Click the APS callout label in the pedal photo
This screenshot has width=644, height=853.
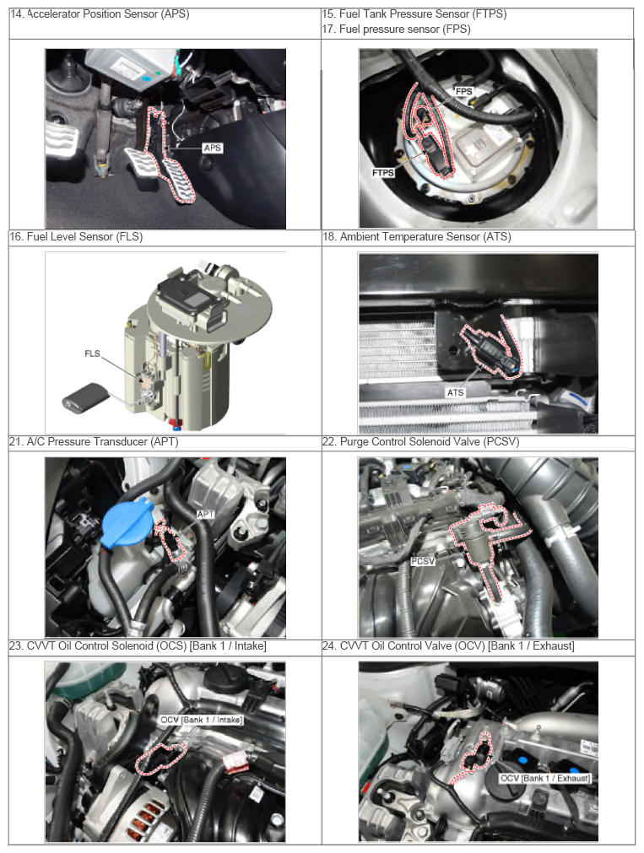213,148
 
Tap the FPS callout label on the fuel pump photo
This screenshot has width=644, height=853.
464,91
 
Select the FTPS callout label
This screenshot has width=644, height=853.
383,172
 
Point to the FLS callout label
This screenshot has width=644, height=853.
92,354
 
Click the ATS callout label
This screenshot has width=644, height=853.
456,392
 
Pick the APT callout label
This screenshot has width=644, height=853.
206,514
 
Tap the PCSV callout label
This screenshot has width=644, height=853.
423,561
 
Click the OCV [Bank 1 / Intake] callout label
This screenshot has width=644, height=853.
202,720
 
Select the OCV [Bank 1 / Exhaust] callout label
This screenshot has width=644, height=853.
545,779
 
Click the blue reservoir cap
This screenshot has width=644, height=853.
127,523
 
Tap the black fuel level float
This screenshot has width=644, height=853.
85,397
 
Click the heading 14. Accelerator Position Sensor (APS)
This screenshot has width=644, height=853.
100,14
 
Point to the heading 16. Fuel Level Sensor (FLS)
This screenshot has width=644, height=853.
76,236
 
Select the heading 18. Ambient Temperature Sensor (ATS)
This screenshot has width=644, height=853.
417,236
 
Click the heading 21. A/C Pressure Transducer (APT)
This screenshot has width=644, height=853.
94,442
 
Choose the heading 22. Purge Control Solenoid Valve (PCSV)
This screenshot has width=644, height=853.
421,442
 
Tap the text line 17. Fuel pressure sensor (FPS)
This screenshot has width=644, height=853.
397,30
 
